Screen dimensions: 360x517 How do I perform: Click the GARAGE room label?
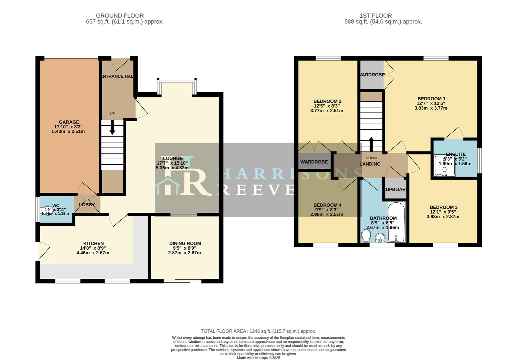click(69, 122)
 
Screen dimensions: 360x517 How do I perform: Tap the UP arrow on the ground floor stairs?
click(112, 127)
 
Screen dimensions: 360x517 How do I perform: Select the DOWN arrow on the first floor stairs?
click(371, 144)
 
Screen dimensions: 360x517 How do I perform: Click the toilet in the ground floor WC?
click(47, 211)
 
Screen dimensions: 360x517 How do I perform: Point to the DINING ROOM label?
click(185, 243)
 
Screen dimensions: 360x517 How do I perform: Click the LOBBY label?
click(87, 205)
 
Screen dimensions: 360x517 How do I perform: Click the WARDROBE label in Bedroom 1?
click(372, 75)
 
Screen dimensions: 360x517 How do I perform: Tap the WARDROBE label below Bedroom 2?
click(314, 162)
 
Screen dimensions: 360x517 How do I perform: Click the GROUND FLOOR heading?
click(120, 16)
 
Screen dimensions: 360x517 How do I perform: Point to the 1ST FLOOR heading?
click(375, 16)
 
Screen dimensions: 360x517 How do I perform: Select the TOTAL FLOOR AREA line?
click(258, 331)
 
